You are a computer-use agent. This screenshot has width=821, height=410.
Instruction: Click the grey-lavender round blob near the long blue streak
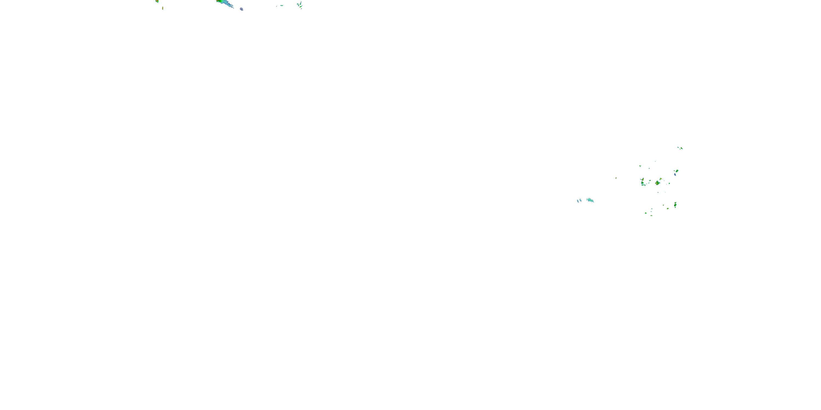pyautogui.click(x=242, y=9)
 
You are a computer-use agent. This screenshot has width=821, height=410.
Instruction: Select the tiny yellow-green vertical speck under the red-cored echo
pyautogui.click(x=163, y=8)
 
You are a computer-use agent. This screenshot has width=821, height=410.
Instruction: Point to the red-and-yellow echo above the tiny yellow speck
pyautogui.click(x=157, y=1)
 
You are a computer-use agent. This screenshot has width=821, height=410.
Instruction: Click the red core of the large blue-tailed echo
pyautogui.click(x=218, y=1)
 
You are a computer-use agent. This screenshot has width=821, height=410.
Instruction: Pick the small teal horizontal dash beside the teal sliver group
pyautogui.click(x=281, y=5)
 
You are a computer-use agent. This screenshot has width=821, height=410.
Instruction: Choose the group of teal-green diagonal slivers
pyautogui.click(x=300, y=5)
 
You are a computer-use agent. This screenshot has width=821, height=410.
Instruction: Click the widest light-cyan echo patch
pyautogui.click(x=590, y=200)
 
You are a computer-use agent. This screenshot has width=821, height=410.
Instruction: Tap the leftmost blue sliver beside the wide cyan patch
pyautogui.click(x=578, y=201)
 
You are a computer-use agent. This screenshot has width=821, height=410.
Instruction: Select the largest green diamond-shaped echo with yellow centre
pyautogui.click(x=657, y=183)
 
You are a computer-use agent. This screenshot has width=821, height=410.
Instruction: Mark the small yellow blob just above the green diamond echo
pyautogui.click(x=661, y=179)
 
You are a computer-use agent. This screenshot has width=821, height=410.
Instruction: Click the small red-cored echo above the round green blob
pyautogui.click(x=643, y=180)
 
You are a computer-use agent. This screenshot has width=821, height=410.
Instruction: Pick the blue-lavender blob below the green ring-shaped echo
pyautogui.click(x=675, y=174)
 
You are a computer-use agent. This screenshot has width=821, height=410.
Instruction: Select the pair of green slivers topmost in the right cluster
pyautogui.click(x=680, y=148)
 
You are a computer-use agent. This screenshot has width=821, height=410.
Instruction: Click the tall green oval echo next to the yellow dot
pyautogui.click(x=675, y=204)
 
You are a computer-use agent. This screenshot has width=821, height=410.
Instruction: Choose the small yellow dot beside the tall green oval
pyautogui.click(x=668, y=209)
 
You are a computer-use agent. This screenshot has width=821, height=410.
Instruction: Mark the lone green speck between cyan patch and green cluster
pyautogui.click(x=616, y=178)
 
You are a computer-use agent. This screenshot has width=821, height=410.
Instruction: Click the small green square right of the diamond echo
pyautogui.click(x=669, y=183)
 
